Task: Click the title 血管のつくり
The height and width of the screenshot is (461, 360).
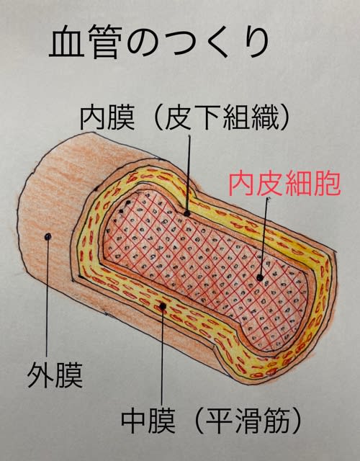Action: (159, 41)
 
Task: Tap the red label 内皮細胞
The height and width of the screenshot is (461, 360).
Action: (284, 185)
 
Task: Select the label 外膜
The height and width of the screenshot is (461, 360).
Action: (55, 375)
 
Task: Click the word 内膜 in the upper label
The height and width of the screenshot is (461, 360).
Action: (107, 118)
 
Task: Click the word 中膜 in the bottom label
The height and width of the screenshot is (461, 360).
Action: (148, 421)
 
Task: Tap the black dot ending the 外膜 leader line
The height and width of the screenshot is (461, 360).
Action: (47, 237)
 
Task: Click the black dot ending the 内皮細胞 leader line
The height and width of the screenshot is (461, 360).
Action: (260, 277)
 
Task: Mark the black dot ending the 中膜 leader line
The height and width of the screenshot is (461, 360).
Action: (163, 306)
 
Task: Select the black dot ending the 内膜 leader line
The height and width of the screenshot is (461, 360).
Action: (186, 213)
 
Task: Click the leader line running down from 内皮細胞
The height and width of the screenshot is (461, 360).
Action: (264, 237)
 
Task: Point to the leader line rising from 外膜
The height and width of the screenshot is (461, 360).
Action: (47, 297)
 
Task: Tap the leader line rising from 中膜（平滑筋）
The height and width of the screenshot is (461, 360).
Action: (162, 357)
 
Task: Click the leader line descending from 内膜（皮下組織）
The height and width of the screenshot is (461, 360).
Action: (188, 174)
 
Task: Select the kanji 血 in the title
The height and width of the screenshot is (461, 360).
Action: (65, 41)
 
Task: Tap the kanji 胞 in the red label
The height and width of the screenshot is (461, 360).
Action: (328, 185)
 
